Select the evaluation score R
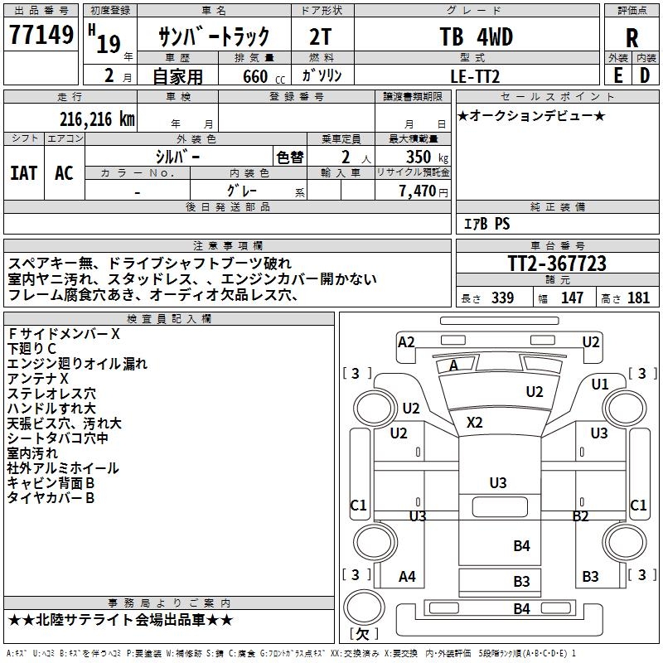(632, 37)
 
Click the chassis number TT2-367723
(557, 264)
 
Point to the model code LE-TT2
(477, 75)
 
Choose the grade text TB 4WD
(476, 37)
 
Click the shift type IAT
(23, 172)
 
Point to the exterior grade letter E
(618, 75)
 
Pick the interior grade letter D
(645, 75)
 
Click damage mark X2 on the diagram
(474, 423)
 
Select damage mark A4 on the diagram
(407, 577)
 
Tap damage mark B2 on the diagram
(580, 516)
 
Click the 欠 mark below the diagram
(362, 634)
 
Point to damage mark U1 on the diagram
(600, 384)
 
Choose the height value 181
(639, 298)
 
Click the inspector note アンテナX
(38, 379)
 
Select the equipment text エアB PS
(486, 224)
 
